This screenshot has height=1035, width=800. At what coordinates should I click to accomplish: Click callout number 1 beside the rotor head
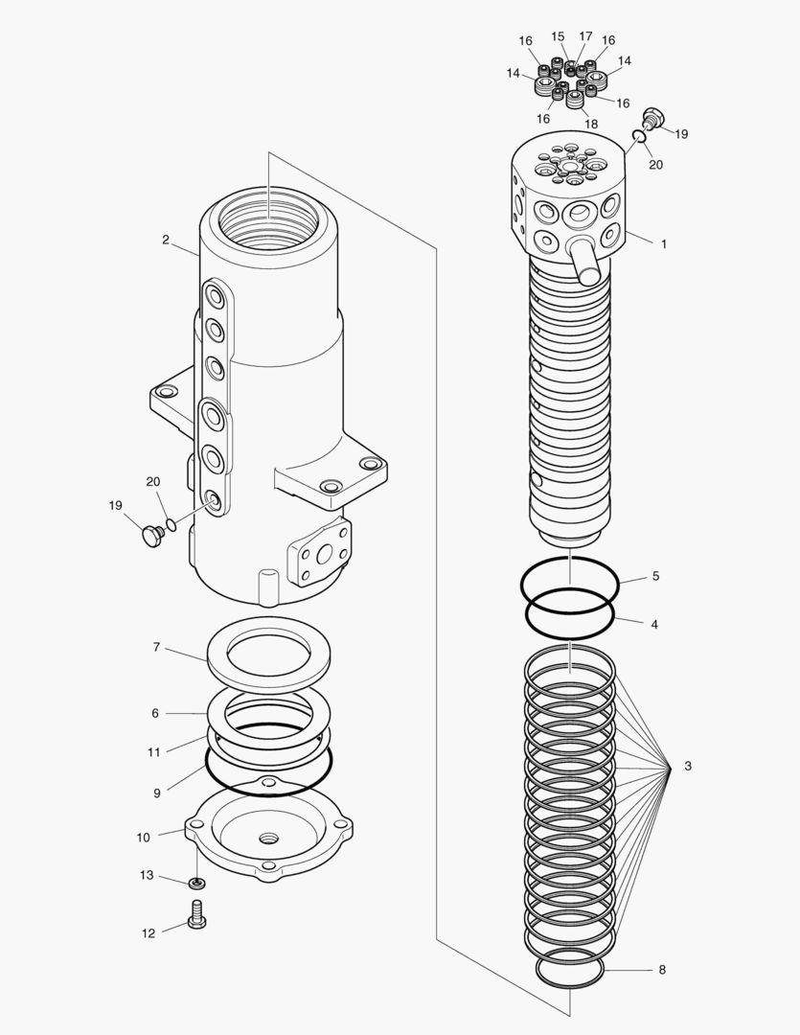click(663, 244)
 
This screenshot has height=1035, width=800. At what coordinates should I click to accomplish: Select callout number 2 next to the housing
click(166, 241)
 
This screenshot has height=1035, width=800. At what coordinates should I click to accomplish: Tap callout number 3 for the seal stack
click(687, 767)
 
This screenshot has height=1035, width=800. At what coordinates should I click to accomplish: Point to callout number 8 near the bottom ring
click(661, 970)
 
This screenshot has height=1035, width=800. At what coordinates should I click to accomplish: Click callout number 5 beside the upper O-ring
click(655, 577)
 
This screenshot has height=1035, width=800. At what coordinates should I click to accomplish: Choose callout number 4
click(654, 624)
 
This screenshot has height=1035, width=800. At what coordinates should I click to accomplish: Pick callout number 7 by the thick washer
click(156, 648)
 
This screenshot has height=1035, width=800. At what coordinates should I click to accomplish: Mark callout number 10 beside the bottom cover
click(143, 837)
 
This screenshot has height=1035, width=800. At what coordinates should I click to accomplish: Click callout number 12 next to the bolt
click(148, 932)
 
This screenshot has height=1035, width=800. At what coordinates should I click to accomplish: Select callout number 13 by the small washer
click(147, 875)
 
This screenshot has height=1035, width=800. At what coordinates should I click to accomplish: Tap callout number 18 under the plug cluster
click(590, 125)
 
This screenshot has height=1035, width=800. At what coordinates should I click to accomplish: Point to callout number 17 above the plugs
click(584, 36)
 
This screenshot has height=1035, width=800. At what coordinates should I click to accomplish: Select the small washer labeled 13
click(196, 882)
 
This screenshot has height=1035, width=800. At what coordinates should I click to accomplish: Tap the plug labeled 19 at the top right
click(654, 117)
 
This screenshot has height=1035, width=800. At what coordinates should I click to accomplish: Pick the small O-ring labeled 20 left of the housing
click(171, 524)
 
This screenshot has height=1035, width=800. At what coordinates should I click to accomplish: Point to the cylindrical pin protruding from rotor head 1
click(584, 261)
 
